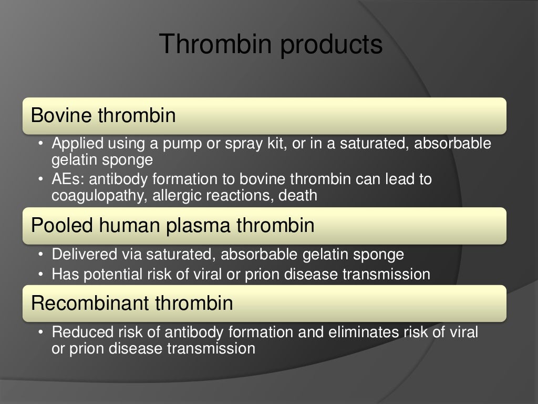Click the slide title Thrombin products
pyautogui.click(x=271, y=44)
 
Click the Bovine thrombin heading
pyautogui.click(x=104, y=115)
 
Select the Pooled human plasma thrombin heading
pyautogui.click(x=173, y=225)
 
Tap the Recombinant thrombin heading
pyautogui.click(x=132, y=303)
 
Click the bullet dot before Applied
pyautogui.click(x=41, y=144)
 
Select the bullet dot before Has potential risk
pyautogui.click(x=41, y=274)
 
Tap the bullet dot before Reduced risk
pyautogui.click(x=41, y=332)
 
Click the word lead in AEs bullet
pyautogui.click(x=392, y=179)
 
